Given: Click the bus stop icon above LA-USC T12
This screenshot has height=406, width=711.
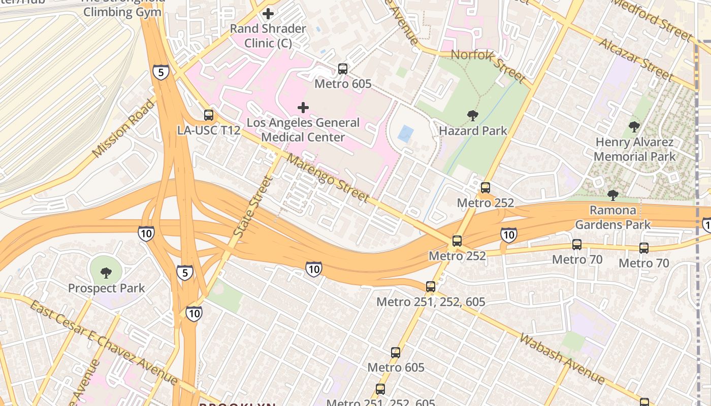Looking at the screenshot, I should click(209, 115).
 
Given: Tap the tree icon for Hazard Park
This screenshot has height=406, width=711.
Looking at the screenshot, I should click(473, 116).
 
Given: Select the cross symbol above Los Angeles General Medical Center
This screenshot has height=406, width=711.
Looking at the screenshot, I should click(303, 108).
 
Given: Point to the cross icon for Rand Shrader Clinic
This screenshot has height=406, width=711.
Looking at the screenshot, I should click(268, 14).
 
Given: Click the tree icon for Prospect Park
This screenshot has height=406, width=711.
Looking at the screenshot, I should click(106, 273).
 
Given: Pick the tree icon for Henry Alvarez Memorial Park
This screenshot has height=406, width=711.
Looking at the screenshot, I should click(634, 127).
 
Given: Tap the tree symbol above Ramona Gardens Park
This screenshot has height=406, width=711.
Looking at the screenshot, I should click(613, 195).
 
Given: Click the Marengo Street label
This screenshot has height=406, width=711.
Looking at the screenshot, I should click(328, 178).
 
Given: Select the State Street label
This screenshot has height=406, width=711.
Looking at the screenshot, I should click(253, 206).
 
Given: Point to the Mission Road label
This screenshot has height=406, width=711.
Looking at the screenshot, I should click(123, 128).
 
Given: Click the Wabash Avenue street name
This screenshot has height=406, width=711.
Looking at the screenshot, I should click(562, 359).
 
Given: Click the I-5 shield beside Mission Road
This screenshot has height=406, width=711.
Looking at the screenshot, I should click(160, 73).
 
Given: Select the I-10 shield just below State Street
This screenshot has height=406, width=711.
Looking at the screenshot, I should click(313, 269).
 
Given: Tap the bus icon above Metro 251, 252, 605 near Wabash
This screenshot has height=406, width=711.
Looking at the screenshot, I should click(431, 287).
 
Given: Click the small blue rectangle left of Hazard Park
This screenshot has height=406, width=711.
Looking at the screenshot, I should click(405, 134).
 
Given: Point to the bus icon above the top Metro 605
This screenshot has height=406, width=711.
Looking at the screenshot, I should click(343, 69).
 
